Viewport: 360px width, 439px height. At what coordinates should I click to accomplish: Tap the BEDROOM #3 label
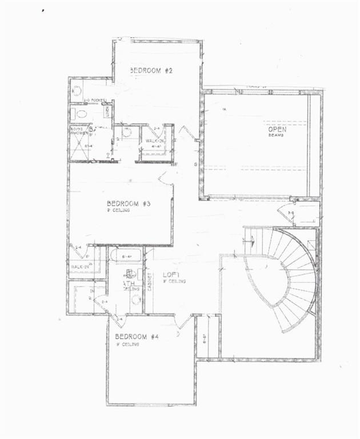click(x=129, y=203)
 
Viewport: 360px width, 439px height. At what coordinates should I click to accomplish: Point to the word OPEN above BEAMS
click(x=278, y=130)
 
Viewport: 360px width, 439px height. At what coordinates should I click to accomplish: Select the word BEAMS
click(x=277, y=137)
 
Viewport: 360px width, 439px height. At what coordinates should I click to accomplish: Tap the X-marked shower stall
click(x=80, y=149)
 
